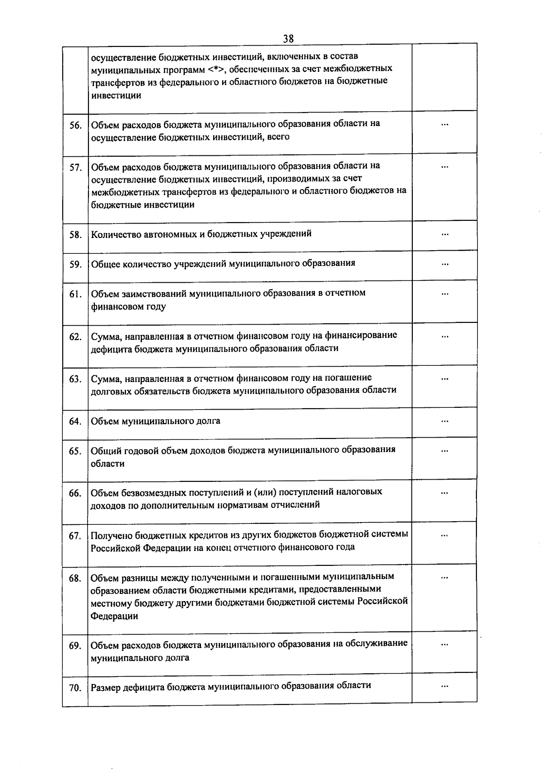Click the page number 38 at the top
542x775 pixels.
coord(288,39)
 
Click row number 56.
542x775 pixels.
coord(75,126)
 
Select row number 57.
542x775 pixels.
coord(75,168)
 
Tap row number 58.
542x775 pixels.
coord(75,235)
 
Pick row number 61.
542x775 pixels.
coord(75,294)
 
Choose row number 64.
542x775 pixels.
coord(75,422)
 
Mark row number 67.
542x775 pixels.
coord(75,536)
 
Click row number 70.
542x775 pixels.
coord(75,688)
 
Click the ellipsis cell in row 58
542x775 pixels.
coord(445,234)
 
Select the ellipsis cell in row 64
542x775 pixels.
coord(445,421)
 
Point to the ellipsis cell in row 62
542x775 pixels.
coord(445,336)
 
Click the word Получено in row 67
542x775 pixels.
coord(111,535)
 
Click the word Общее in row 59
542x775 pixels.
coord(104,264)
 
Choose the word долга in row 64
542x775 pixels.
coord(208,421)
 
